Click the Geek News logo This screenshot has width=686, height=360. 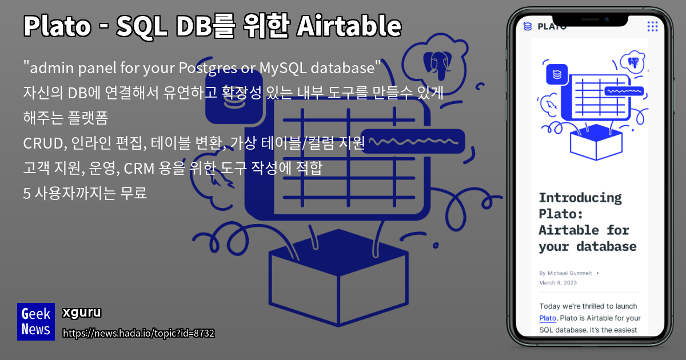(36, 321)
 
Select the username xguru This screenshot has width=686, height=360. (81, 313)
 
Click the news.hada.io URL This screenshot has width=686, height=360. (138, 333)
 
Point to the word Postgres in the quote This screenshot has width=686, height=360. (208, 68)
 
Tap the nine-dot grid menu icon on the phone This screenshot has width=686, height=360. (652, 26)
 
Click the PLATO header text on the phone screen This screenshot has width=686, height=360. (552, 26)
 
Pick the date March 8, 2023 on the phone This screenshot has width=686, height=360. (557, 282)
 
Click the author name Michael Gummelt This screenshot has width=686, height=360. (571, 273)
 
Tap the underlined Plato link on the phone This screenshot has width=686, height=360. (548, 318)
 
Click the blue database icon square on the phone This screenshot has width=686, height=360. (557, 74)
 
